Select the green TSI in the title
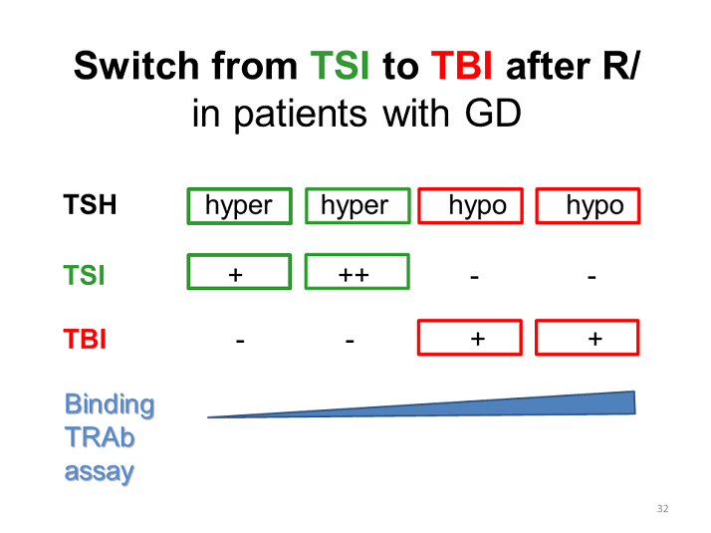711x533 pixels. pyautogui.click(x=340, y=66)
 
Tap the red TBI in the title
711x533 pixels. pyautogui.click(x=462, y=66)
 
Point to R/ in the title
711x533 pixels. pyautogui.click(x=620, y=66)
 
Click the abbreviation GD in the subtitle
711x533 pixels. pyautogui.click(x=493, y=113)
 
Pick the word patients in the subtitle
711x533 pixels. pyautogui.click(x=300, y=115)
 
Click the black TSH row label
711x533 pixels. pyautogui.click(x=90, y=204)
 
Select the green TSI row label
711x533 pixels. pyautogui.click(x=84, y=275)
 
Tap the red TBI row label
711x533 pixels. pyautogui.click(x=85, y=339)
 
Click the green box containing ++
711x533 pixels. pyautogui.click(x=357, y=255)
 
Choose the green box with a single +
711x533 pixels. pyautogui.click(x=239, y=255)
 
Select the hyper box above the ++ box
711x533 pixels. pyautogui.click(x=357, y=189)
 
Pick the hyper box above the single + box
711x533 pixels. pyautogui.click(x=239, y=189)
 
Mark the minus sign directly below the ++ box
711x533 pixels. pyautogui.click(x=350, y=340)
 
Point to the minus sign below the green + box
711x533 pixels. pyautogui.click(x=240, y=340)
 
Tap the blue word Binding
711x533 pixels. pyautogui.click(x=110, y=405)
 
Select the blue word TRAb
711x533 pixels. pyautogui.click(x=100, y=437)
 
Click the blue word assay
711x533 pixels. pyautogui.click(x=100, y=472)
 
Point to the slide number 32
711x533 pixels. pyautogui.click(x=662, y=508)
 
